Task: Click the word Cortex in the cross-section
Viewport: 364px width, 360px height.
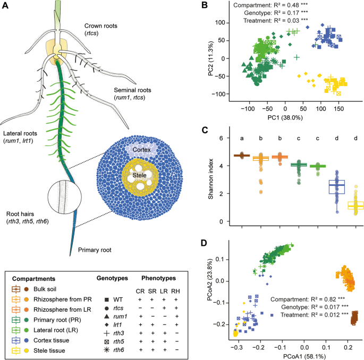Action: pyautogui.click(x=141, y=150)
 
